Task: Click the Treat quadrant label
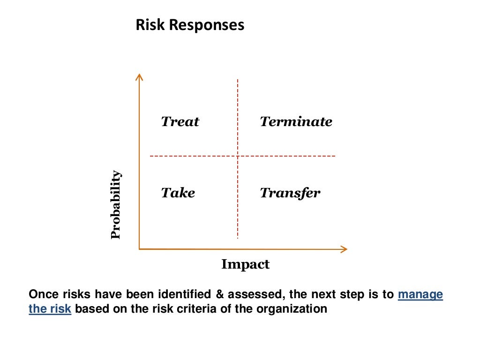coord(180,122)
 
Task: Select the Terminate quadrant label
coord(296,122)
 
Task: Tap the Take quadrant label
coord(178,193)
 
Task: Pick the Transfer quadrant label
coord(290,193)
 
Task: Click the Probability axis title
coord(116,205)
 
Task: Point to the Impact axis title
coord(245,264)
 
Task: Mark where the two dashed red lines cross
coord(238,156)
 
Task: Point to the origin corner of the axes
coord(139,249)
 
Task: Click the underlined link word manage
coord(420,295)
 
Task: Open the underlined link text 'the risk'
coord(50,309)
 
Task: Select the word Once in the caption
coord(43,295)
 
